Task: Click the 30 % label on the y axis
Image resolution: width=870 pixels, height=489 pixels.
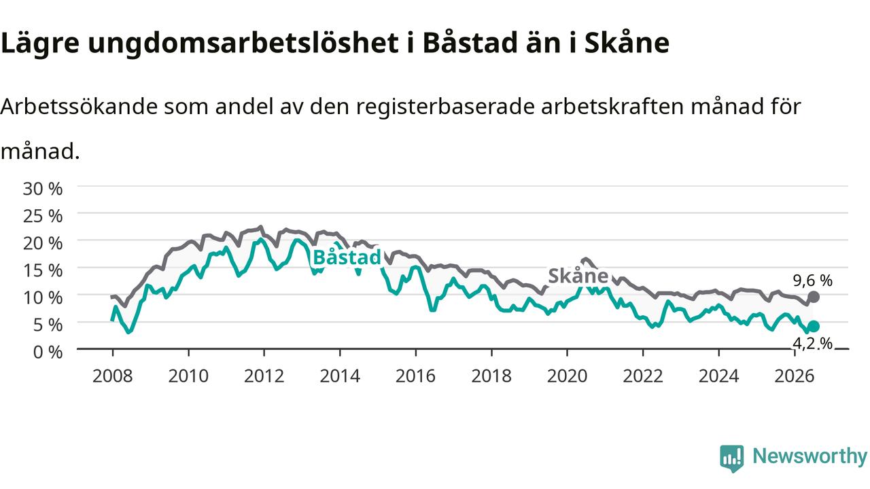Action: pyautogui.click(x=43, y=189)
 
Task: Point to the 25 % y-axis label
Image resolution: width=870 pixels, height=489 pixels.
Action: pyautogui.click(x=43, y=216)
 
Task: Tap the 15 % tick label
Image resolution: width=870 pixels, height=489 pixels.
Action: pyautogui.click(x=43, y=270)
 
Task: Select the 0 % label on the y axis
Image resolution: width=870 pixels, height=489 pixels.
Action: pyautogui.click(x=48, y=352)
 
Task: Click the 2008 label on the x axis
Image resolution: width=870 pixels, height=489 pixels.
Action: pyautogui.click(x=113, y=376)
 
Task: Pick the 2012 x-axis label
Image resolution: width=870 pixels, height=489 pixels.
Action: pyautogui.click(x=264, y=376)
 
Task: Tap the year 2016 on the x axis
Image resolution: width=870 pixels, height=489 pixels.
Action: pyautogui.click(x=415, y=376)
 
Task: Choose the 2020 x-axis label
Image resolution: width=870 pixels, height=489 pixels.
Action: pyautogui.click(x=567, y=376)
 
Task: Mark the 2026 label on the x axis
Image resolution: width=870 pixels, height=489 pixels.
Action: pyautogui.click(x=795, y=376)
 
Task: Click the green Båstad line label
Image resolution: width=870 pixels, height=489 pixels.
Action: pyautogui.click(x=347, y=257)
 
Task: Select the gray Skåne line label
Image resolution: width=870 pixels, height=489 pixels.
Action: pyautogui.click(x=578, y=276)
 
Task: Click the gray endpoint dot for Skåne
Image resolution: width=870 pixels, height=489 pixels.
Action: pyautogui.click(x=814, y=297)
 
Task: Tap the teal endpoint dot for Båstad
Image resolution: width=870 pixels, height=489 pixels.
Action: pyautogui.click(x=814, y=327)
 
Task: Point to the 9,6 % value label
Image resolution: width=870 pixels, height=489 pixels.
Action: pyautogui.click(x=812, y=280)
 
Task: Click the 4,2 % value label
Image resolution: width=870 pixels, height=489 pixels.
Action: pyautogui.click(x=812, y=344)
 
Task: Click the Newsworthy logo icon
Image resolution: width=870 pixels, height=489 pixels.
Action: pyautogui.click(x=732, y=458)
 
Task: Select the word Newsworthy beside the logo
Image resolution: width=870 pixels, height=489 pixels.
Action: pyautogui.click(x=810, y=456)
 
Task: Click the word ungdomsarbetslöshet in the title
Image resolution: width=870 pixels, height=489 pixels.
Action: pyautogui.click(x=243, y=43)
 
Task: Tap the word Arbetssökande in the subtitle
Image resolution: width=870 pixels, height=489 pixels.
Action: pyautogui.click(x=79, y=107)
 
